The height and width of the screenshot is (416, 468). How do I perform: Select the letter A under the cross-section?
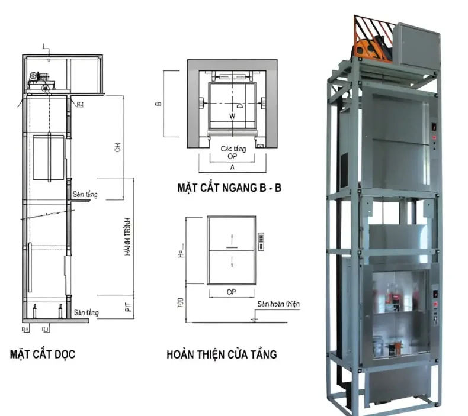coord(232,167)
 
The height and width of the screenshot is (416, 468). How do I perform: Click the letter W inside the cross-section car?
coord(232,116)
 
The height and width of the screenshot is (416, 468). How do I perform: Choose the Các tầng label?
coord(232,149)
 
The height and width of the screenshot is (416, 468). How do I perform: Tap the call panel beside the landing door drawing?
coord(261,240)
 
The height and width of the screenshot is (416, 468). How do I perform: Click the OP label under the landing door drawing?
coord(232,292)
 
